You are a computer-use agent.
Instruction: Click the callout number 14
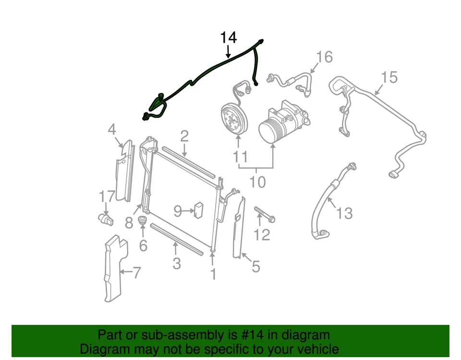click(x=228, y=37)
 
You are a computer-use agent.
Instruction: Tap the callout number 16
click(x=324, y=57)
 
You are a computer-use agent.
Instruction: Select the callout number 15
click(x=389, y=77)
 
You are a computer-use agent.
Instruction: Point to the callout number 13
click(x=344, y=212)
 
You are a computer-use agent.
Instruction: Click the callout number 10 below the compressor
click(x=257, y=182)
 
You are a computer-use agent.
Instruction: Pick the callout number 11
click(x=240, y=157)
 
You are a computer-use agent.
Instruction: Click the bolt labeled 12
click(x=264, y=215)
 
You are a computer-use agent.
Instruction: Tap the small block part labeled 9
click(x=198, y=210)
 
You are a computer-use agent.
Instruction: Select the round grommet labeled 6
click(x=142, y=222)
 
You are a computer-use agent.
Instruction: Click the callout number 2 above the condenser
click(x=184, y=137)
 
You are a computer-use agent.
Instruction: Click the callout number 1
click(x=213, y=274)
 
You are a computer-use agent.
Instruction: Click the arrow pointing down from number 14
click(x=228, y=51)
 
